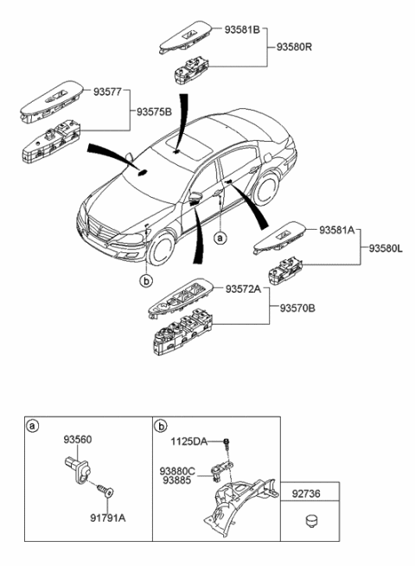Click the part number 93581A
[x=340, y=230]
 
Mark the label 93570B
[x=299, y=308]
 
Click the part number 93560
[x=76, y=439]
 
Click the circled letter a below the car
[x=220, y=235]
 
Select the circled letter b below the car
[x=147, y=279]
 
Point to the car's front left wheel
[x=161, y=250]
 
